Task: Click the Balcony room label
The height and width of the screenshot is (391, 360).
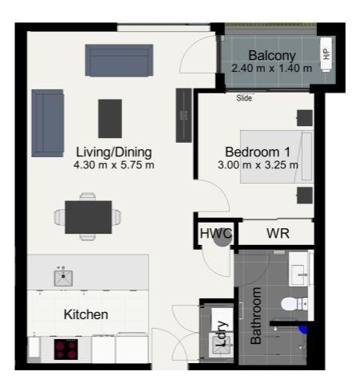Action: [272, 56]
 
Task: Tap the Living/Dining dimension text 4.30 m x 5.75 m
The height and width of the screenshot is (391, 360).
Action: [114, 165]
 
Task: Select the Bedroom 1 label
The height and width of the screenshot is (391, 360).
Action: [258, 152]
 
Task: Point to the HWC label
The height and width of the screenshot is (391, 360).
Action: [216, 234]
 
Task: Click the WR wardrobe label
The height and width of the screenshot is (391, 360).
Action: [278, 234]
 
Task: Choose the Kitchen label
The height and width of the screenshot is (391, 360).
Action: [86, 314]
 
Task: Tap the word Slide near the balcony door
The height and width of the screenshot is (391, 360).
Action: [244, 98]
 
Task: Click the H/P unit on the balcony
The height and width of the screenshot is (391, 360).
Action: [326, 54]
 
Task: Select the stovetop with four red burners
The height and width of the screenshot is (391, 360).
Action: [66, 350]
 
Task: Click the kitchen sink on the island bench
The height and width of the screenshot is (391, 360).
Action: [63, 278]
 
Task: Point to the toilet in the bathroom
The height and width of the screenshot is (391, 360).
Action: [295, 304]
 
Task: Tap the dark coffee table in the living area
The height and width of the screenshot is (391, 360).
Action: [110, 119]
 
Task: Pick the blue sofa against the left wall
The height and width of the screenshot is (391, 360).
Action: [48, 123]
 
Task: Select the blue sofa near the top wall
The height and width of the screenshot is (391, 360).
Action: [119, 61]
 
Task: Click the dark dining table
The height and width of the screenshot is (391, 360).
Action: [89, 217]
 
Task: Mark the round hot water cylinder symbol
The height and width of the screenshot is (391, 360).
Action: [223, 239]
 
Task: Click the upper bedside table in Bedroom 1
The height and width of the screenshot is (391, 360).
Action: [305, 118]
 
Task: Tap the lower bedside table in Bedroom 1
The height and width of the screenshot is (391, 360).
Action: [305, 195]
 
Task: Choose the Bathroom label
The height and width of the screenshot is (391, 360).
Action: [256, 316]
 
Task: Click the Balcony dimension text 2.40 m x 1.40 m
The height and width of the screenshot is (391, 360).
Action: [271, 69]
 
